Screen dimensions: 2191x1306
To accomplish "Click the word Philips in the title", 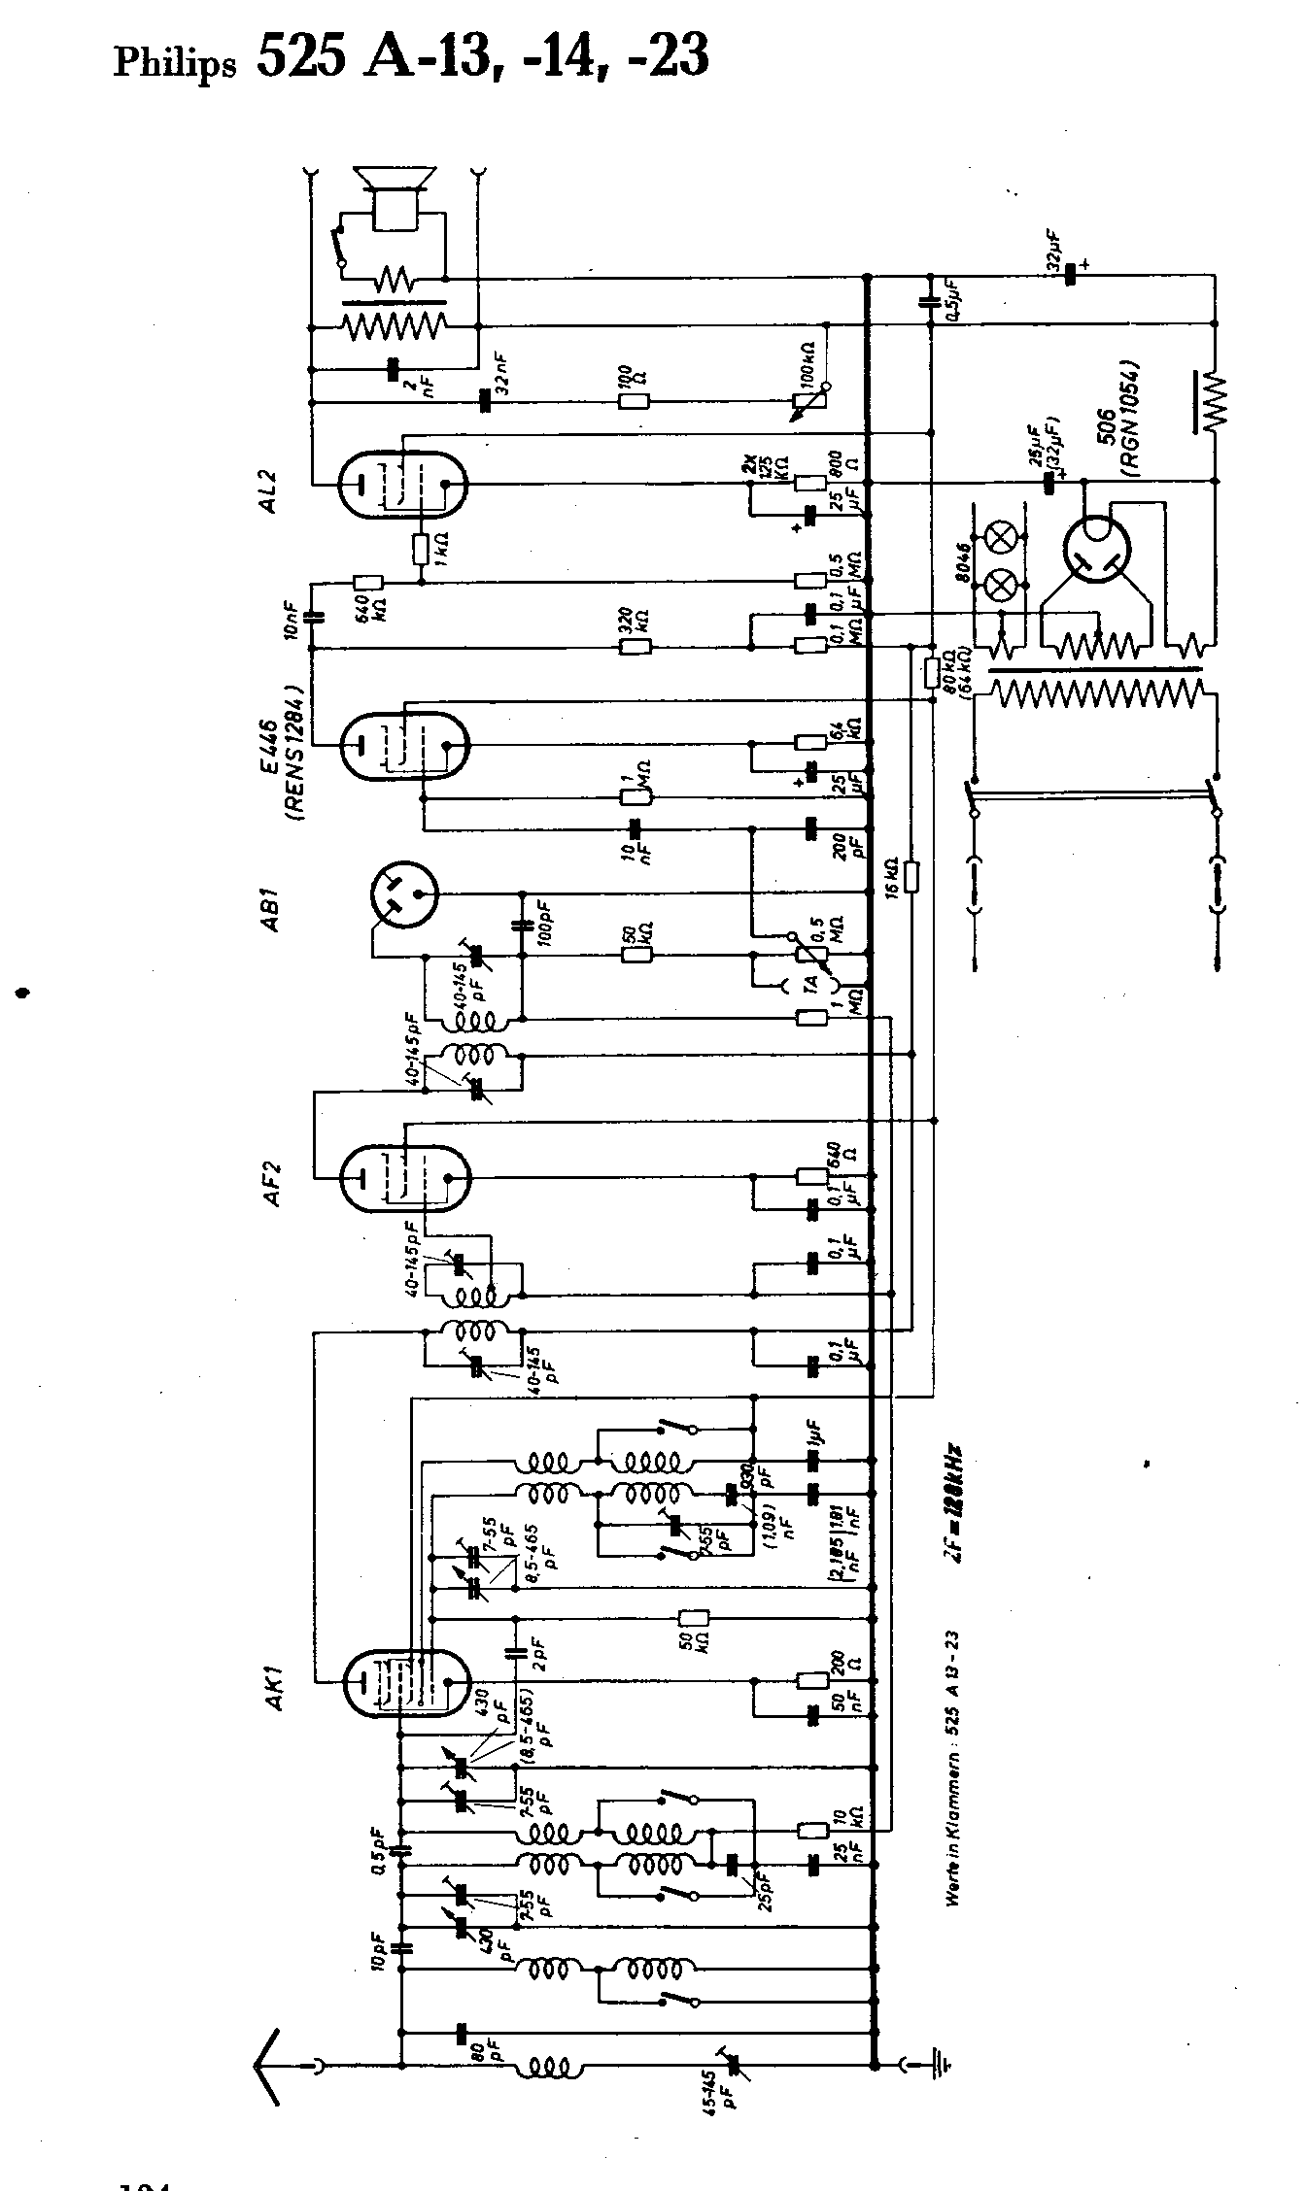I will coord(175,64).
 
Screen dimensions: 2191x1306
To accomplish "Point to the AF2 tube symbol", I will coord(403,1177).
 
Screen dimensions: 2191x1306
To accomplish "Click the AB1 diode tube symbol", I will coord(404,893).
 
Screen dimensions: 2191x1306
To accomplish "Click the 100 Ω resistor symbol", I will coord(633,401).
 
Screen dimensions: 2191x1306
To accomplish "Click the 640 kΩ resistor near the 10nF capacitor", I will coord(367,583).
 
